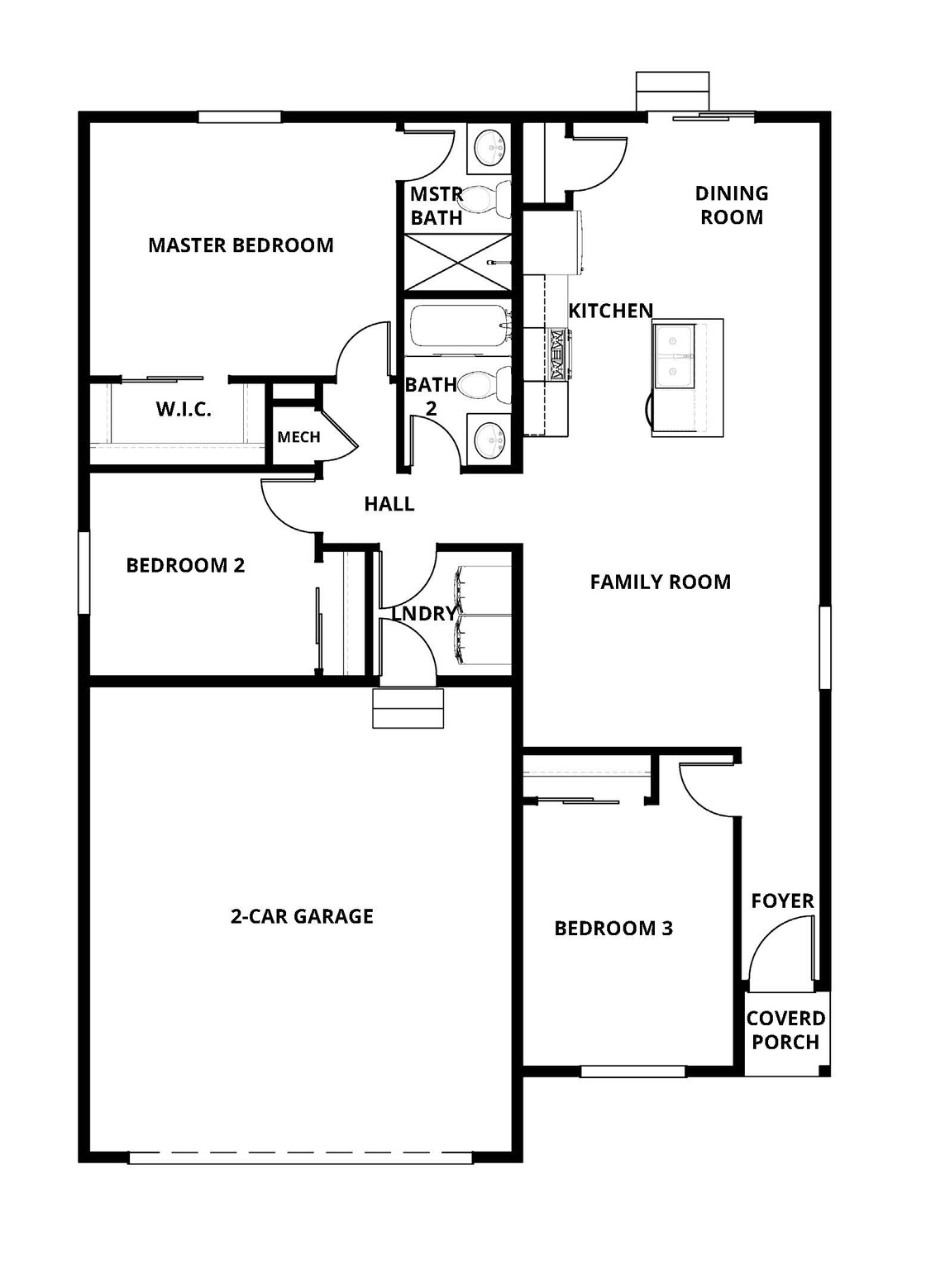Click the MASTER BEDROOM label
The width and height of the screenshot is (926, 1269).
pos(241,245)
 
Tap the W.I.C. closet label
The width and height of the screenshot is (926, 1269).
pos(184,409)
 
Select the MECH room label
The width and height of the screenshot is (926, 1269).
pos(298,437)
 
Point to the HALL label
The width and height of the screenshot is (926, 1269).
pos(389,504)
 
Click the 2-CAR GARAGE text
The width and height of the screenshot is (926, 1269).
pos(302,916)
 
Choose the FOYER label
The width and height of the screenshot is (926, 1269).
pos(782,901)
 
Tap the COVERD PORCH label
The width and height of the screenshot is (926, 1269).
pos(785,1030)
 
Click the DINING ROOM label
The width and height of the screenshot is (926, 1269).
pos(732,205)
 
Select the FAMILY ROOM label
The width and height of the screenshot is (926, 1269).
pos(660,582)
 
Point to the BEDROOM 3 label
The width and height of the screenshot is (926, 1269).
pos(613,929)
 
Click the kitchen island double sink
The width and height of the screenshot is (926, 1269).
pos(674,355)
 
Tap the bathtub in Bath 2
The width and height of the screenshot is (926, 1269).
pos(457,328)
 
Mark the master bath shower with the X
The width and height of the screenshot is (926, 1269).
pos(457,263)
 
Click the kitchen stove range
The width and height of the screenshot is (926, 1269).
pos(557,354)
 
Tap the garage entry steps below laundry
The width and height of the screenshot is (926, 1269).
pos(408,708)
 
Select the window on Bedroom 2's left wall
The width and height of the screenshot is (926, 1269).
pos(84,573)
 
